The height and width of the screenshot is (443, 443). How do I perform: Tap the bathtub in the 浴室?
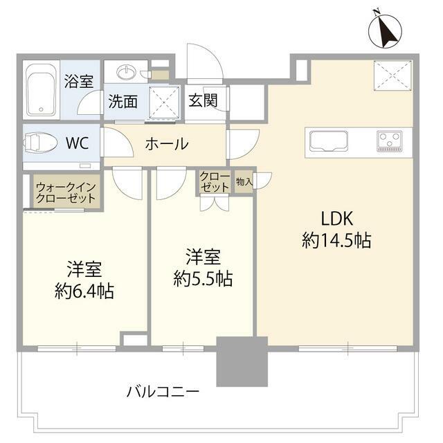tap(43, 92)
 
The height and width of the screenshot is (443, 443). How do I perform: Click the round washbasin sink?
tap(127, 73)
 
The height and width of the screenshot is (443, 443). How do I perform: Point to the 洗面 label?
tap(122, 101)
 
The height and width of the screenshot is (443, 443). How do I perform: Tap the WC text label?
tap(77, 144)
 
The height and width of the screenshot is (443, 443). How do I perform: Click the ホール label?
tap(166, 144)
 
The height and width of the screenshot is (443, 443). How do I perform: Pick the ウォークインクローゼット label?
tap(67, 191)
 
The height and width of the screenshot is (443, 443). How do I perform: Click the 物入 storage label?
tap(244, 181)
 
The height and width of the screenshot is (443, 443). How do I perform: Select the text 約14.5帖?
tap(337, 242)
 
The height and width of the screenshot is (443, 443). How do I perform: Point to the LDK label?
tap(337, 219)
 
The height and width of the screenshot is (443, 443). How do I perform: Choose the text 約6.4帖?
tap(84, 291)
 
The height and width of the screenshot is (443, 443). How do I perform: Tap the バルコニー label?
tap(163, 391)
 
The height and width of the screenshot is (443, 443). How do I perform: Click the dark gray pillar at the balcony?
tap(242, 361)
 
